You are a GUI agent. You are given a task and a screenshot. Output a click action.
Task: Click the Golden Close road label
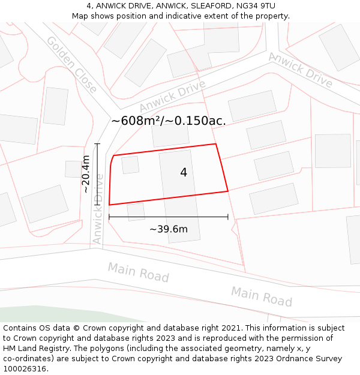71,65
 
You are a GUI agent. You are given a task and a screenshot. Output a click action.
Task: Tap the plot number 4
184,173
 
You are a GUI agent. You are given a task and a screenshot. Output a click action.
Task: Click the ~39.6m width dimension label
169,229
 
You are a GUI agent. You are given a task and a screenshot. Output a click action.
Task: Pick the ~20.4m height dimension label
86,174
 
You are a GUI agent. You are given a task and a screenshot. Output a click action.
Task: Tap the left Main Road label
138,272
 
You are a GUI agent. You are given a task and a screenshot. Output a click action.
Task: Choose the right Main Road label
262,296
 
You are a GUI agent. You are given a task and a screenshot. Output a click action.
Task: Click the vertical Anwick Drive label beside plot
98,209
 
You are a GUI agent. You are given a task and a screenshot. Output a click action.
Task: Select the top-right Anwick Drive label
301,70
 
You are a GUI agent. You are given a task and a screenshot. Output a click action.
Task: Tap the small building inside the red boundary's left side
130,165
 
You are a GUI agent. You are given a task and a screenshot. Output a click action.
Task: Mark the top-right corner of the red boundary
215,144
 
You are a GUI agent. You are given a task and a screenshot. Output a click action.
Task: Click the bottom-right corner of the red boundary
228,191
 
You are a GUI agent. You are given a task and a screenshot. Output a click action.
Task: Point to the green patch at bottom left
36,314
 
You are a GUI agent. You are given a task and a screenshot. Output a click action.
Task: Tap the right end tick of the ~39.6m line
228,217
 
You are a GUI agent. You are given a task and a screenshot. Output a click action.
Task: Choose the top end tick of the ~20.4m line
97,143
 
